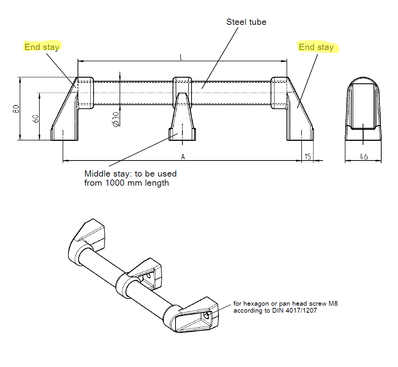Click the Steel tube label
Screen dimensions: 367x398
coord(246,22)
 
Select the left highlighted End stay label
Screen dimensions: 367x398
coord(42,47)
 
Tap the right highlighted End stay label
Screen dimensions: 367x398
coord(316,47)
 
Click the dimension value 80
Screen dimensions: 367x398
coord(16,109)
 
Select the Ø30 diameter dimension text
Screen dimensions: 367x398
coord(116,119)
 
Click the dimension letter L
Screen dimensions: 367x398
coord(181,57)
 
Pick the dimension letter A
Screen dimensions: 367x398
coord(183,157)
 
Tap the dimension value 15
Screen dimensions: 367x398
coord(307,157)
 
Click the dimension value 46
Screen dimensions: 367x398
coord(363,157)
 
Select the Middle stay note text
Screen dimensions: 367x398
coord(130,178)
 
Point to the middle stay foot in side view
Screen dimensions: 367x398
coord(182,134)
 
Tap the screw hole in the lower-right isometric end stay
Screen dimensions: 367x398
coord(207,315)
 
